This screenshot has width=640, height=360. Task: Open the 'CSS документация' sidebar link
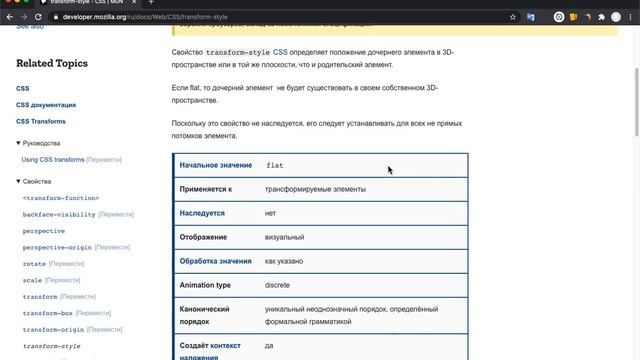point(45,104)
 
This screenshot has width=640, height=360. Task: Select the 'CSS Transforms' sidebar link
point(41,121)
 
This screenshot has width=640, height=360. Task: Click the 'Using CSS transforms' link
point(53,160)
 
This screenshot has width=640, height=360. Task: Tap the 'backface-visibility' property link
point(59,214)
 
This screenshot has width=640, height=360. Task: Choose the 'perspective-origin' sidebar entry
point(57,247)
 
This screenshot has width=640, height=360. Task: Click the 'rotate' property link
point(33,264)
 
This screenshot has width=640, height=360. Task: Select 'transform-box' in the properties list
point(46,313)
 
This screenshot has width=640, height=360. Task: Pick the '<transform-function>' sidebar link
point(61,198)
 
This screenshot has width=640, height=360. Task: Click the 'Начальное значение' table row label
point(216,164)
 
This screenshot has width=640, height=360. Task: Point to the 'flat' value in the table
point(275,164)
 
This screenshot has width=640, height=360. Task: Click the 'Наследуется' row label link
point(202,213)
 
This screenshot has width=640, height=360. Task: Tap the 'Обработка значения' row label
point(216,261)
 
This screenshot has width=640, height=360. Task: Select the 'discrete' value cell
point(277,285)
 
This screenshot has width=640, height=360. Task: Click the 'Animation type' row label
point(205,285)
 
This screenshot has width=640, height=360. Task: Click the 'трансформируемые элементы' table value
point(315,189)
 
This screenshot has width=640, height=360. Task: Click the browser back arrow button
point(9,17)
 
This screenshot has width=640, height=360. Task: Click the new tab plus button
point(151,3)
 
